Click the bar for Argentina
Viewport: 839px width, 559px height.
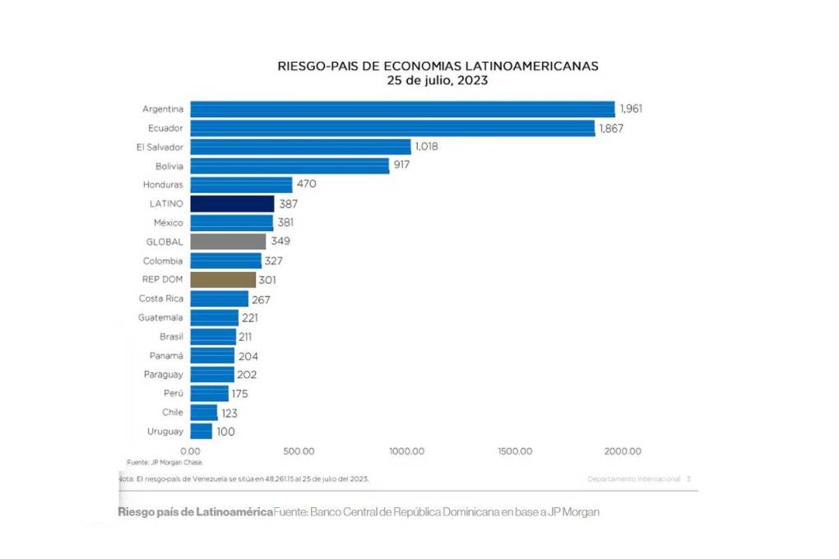point(402,109)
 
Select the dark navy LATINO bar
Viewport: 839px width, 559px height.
point(232,204)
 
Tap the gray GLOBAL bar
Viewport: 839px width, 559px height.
point(228,242)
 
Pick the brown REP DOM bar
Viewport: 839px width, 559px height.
point(223,279)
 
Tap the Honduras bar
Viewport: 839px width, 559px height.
point(241,185)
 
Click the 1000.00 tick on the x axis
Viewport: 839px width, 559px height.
point(406,451)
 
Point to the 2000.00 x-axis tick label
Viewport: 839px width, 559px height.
point(623,451)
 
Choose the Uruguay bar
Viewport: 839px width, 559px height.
point(201,431)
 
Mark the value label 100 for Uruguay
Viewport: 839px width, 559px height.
point(226,431)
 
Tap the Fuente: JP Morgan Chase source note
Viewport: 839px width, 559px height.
point(165,463)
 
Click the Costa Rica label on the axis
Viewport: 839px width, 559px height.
point(161,298)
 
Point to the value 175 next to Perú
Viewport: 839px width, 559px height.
point(239,394)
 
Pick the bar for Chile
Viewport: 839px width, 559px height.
point(203,412)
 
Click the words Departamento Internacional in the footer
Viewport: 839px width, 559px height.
point(633,478)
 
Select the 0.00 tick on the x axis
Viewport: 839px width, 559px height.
point(190,451)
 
